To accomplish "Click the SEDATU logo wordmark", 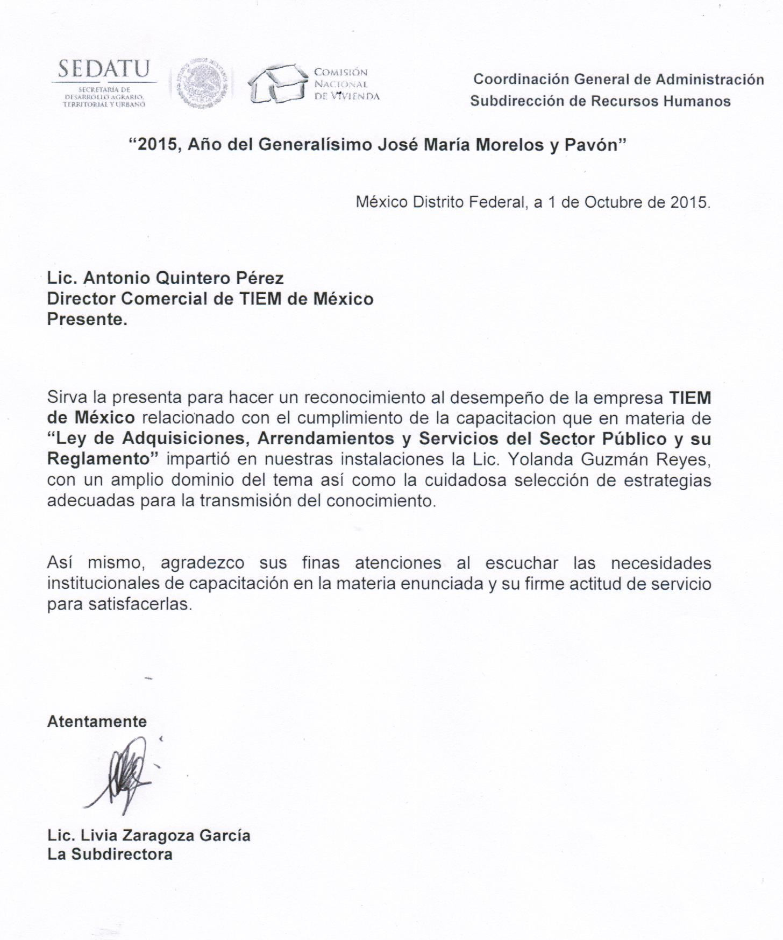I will click(x=104, y=70).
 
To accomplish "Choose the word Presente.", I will click(x=87, y=319).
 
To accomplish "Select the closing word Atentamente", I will click(x=97, y=722).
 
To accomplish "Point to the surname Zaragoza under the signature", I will click(x=164, y=835).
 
